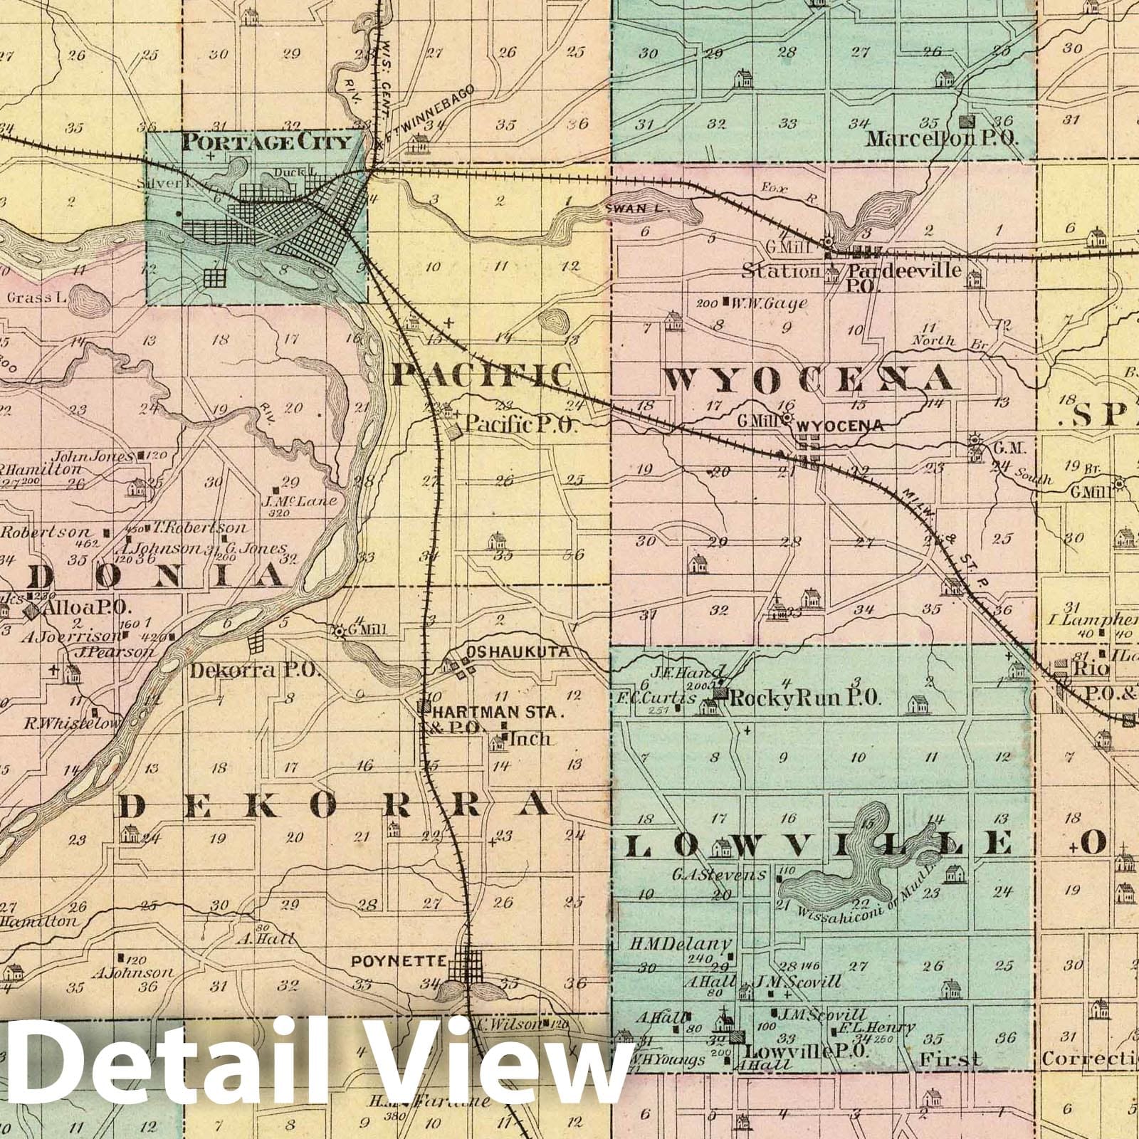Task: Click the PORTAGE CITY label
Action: [266, 142]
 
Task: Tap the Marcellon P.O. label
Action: [942, 139]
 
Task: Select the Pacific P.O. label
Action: [518, 426]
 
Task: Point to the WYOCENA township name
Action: [809, 378]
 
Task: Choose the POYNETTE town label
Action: [399, 962]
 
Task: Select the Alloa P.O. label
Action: [84, 608]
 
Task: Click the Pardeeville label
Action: [903, 271]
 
